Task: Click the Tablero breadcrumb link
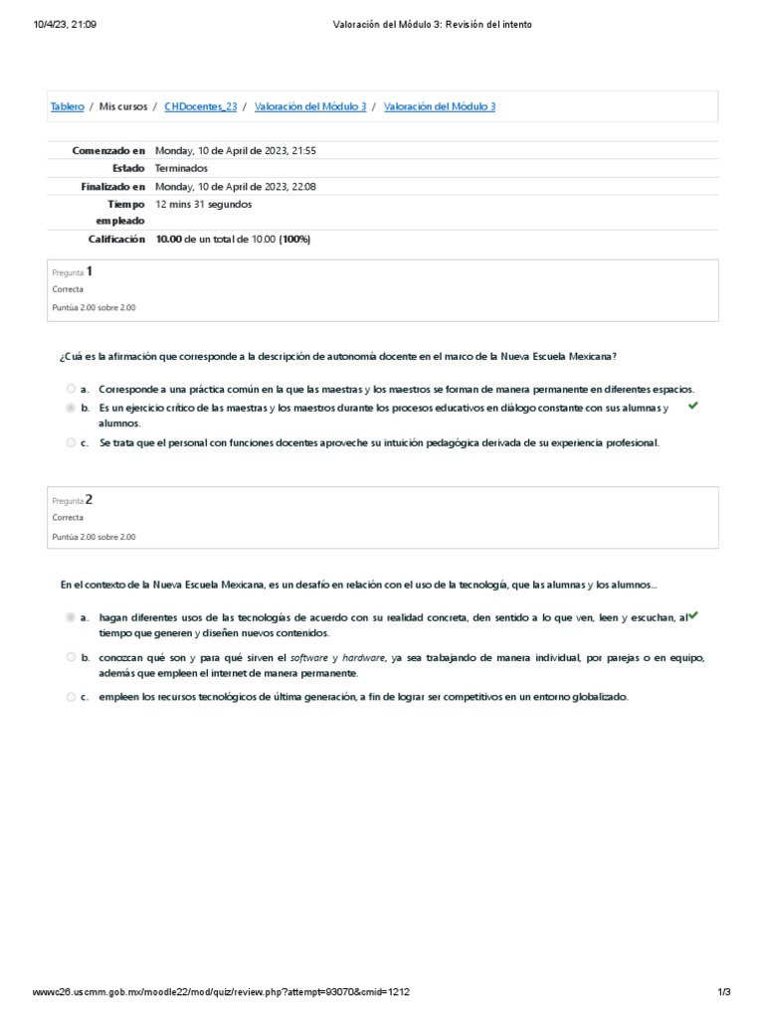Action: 67,106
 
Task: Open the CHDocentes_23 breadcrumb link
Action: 202,106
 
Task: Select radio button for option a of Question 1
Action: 71,389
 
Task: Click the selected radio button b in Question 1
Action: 71,408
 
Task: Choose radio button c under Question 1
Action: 71,442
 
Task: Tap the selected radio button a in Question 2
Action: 71,617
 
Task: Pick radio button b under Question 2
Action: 71,657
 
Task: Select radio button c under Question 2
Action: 71,697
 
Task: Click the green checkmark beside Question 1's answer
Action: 692,406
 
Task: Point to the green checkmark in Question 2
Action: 693,615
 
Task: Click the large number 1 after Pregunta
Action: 90,270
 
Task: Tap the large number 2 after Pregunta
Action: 90,499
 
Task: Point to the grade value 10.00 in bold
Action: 168,239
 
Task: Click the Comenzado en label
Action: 108,151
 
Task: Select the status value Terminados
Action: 181,169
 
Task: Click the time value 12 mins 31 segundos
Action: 204,204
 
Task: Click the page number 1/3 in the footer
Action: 724,995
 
